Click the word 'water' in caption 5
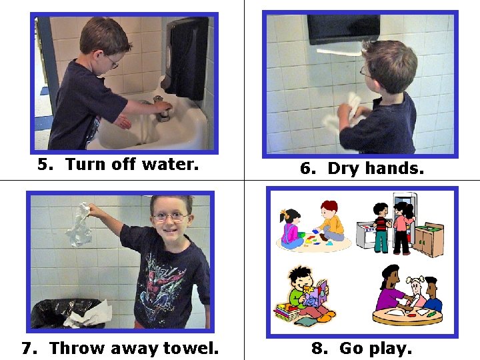click(x=171, y=165)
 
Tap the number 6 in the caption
click(x=305, y=169)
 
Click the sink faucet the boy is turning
click(x=161, y=109)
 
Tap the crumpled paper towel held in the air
click(x=79, y=225)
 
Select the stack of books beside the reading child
click(x=286, y=312)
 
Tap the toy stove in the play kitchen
click(x=365, y=235)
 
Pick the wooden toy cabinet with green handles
click(x=429, y=239)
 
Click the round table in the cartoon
click(x=407, y=317)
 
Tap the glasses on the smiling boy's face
click(x=170, y=217)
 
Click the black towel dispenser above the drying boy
click(x=343, y=30)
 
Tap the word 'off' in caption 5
click(x=123, y=164)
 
